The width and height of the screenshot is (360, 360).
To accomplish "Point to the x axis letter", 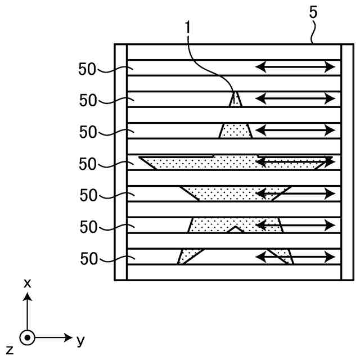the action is click(x=27, y=283).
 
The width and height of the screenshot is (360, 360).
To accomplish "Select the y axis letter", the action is click(x=80, y=340).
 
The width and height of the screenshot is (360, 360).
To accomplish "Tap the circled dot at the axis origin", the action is click(x=27, y=338).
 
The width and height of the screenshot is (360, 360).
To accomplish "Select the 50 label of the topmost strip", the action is click(x=87, y=69).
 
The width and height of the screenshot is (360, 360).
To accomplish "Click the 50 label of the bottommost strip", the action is click(x=87, y=259).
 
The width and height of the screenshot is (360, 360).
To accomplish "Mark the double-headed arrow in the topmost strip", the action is click(x=295, y=67).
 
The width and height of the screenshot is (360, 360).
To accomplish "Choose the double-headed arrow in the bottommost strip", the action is click(x=295, y=257).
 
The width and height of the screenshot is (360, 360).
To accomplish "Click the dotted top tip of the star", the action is click(x=236, y=100).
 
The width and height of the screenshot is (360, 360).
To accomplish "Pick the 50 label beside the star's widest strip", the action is click(x=87, y=164).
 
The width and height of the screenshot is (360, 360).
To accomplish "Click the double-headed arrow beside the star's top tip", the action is click(x=295, y=99).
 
